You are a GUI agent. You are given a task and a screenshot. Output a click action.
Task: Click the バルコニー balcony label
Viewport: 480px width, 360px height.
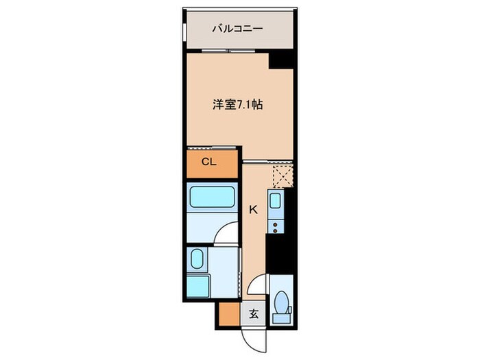tap(238, 29)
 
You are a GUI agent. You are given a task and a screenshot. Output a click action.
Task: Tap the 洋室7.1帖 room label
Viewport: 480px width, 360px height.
tap(238, 105)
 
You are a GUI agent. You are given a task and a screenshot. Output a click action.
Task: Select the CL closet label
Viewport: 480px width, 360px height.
tap(209, 162)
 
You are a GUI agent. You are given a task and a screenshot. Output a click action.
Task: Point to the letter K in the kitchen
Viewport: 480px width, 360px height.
tap(252, 211)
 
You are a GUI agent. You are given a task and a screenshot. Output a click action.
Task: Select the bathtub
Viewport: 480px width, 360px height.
tap(211, 200)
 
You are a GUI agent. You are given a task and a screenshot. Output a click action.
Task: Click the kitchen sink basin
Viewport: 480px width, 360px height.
tap(276, 202)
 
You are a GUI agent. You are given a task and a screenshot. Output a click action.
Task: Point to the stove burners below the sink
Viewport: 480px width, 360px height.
tap(276, 224)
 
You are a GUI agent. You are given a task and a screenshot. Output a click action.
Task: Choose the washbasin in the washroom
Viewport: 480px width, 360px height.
tap(196, 260)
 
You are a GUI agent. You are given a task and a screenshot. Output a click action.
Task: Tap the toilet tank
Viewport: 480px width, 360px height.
tap(280, 317)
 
